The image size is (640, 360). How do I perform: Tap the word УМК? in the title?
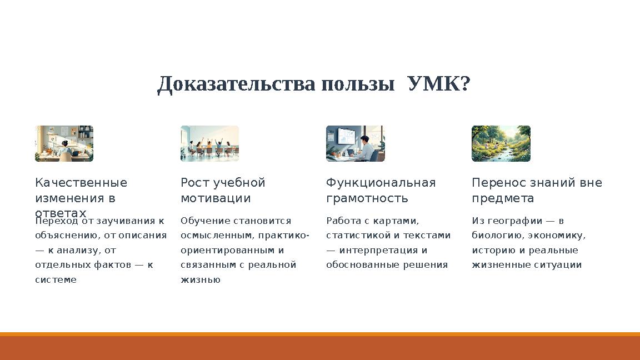click(x=439, y=84)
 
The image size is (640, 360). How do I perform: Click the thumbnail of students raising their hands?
click(x=209, y=143)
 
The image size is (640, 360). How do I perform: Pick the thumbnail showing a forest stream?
click(x=501, y=143)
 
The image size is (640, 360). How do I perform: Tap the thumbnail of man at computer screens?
click(x=355, y=143)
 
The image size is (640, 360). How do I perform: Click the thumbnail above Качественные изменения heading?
click(x=64, y=143)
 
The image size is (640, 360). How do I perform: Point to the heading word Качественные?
click(x=81, y=183)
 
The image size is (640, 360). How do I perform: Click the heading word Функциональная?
click(x=381, y=183)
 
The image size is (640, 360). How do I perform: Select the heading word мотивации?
click(x=216, y=198)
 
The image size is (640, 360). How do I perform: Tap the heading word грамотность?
click(x=367, y=198)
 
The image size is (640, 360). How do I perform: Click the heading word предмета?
click(x=503, y=198)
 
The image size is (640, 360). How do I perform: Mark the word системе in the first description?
click(x=56, y=280)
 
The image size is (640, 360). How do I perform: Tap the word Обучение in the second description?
click(x=205, y=221)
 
